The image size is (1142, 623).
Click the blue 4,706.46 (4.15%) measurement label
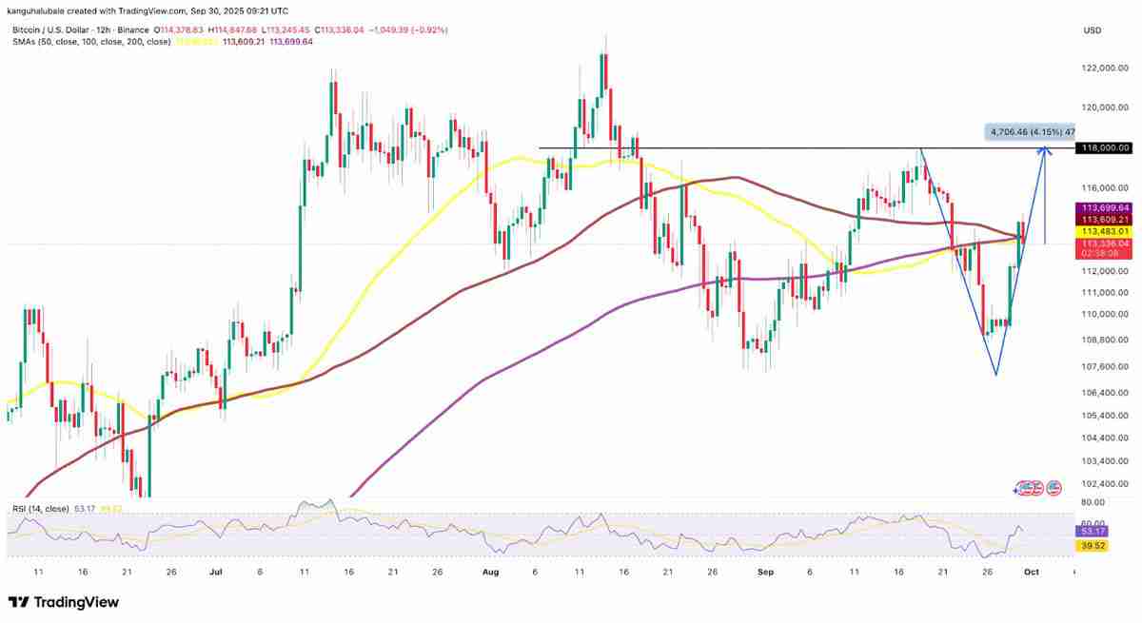(x=1029, y=132)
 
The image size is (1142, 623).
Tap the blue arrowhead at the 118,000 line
(x=1044, y=148)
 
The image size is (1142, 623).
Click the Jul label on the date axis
(x=216, y=573)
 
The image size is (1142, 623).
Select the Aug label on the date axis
(x=491, y=573)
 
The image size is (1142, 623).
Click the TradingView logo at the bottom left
(x=64, y=602)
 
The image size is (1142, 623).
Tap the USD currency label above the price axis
(x=1092, y=31)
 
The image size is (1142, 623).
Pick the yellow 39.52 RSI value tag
(x=1089, y=547)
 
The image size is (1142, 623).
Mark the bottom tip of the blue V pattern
(x=995, y=375)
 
